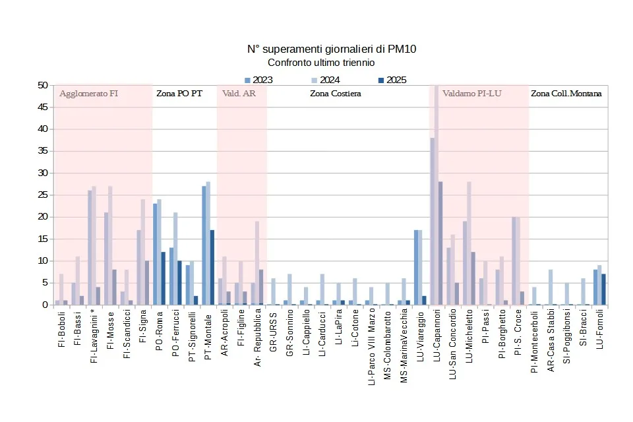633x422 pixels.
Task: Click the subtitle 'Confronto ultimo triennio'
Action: [321, 63]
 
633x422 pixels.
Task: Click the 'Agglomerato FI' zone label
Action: [88, 94]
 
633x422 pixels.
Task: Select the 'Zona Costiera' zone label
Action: [336, 94]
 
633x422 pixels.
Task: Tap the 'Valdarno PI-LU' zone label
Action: [472, 94]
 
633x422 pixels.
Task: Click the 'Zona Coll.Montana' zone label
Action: [566, 94]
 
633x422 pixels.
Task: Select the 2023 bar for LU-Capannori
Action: [433, 221]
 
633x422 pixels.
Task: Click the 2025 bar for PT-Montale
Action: [212, 267]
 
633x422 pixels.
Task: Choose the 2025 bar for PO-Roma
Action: [163, 278]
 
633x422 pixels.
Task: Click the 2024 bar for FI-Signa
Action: [142, 252]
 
